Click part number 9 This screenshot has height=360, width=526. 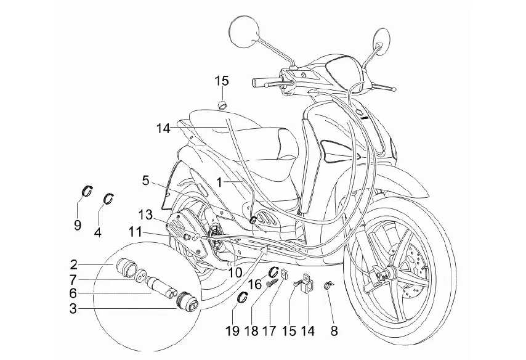click(78, 225)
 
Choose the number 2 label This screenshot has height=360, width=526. click(73, 266)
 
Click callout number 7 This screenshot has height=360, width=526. click(73, 280)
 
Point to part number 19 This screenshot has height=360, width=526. click(232, 330)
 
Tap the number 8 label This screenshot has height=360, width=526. click(334, 330)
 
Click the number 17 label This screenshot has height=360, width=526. click(270, 330)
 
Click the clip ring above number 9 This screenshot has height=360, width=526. click(86, 191)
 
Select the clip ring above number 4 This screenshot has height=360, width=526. click(108, 197)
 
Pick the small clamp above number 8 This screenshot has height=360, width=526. click(330, 285)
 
